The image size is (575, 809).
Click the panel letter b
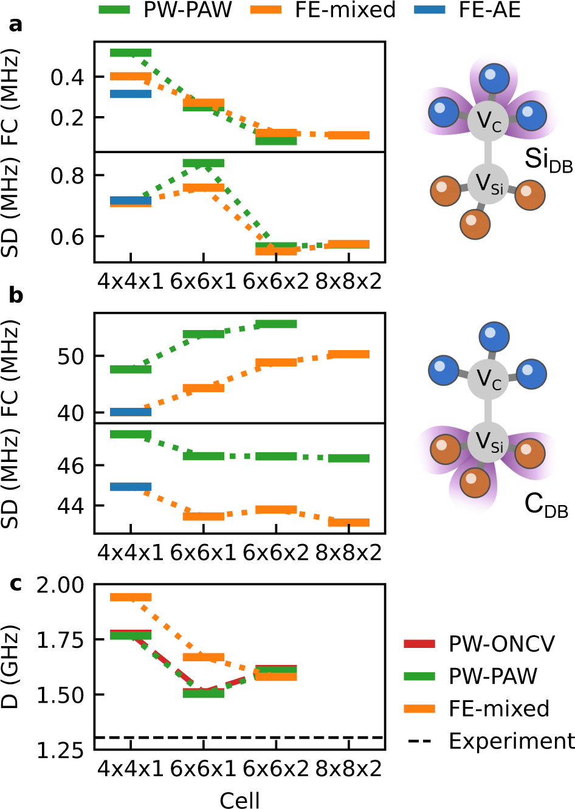(16, 295)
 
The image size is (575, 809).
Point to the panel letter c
(16, 584)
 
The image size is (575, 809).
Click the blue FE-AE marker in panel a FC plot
(131, 94)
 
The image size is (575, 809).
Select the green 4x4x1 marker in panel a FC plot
(131, 53)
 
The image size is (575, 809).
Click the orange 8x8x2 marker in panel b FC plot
(348, 354)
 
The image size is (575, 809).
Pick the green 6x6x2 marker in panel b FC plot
(276, 324)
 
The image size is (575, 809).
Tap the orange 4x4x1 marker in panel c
(131, 597)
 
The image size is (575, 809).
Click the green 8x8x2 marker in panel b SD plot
(348, 458)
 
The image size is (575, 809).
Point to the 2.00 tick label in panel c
(60, 585)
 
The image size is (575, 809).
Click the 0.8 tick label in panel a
(67, 176)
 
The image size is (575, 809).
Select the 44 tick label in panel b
(71, 506)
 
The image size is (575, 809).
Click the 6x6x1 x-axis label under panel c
(203, 769)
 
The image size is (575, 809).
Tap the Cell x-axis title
(239, 800)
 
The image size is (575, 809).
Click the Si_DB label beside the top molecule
(548, 159)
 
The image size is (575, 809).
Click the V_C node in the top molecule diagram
(487, 120)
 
